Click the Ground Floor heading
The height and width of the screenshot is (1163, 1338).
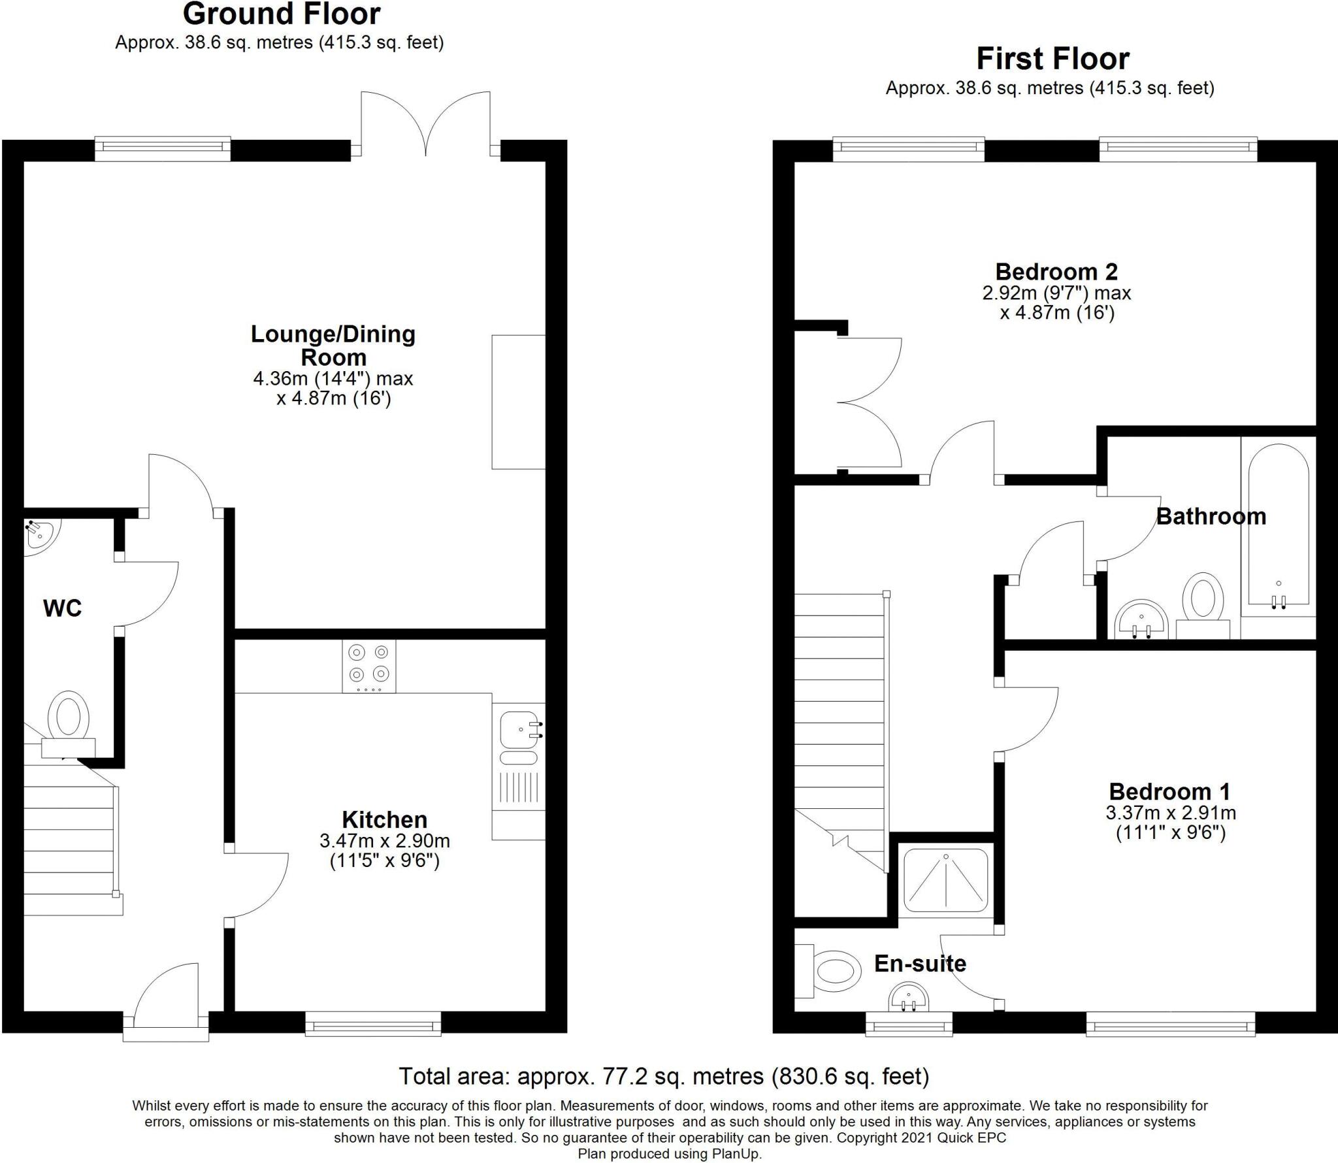coord(281,14)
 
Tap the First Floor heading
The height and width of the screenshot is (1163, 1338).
coord(1052,59)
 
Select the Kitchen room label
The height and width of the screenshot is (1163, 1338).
coord(384,820)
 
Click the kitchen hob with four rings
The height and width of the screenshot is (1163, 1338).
coord(368,665)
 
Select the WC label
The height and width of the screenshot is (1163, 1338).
coord(62,608)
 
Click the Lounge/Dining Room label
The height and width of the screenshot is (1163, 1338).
coord(333,346)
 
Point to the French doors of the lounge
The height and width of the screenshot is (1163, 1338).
coord(426,124)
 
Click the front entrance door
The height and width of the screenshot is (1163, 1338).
coord(166,992)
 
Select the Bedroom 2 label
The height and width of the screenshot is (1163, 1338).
coord(1056,271)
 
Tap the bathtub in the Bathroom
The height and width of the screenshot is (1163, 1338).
coord(1279,526)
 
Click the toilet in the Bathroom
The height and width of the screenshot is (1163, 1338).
coord(1203,598)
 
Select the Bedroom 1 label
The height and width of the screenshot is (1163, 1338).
coord(1169,792)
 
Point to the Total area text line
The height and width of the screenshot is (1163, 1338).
coord(664,1076)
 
